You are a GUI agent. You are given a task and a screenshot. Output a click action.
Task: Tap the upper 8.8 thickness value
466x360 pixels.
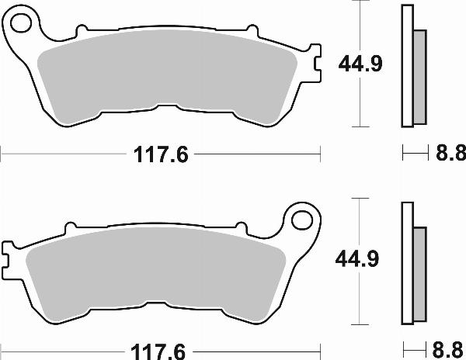pos(447,154)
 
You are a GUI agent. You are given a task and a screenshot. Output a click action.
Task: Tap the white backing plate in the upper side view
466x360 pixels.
pos(406,66)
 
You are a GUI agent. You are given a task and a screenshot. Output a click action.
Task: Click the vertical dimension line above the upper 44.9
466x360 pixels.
pos(359,23)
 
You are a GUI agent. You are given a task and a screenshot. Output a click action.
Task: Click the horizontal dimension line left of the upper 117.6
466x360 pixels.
pos(62,154)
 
